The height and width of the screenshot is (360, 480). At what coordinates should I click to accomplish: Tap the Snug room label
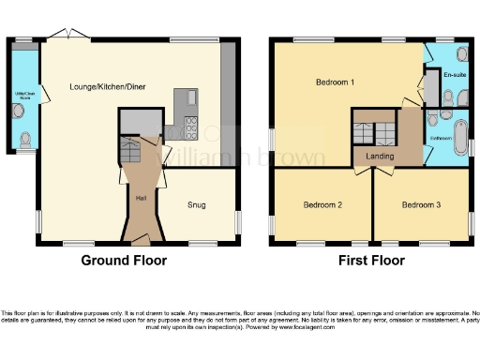pyautogui.click(x=196, y=204)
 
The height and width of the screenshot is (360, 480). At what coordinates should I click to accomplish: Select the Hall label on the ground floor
pyautogui.click(x=142, y=199)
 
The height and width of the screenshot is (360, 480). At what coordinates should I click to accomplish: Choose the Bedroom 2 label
pyautogui.click(x=322, y=204)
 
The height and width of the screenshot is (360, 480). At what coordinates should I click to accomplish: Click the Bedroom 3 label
pyautogui.click(x=421, y=204)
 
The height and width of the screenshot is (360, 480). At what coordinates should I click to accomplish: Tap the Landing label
pyautogui.click(x=379, y=156)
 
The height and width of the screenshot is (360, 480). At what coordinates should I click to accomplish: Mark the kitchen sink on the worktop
pyautogui.click(x=189, y=98)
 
